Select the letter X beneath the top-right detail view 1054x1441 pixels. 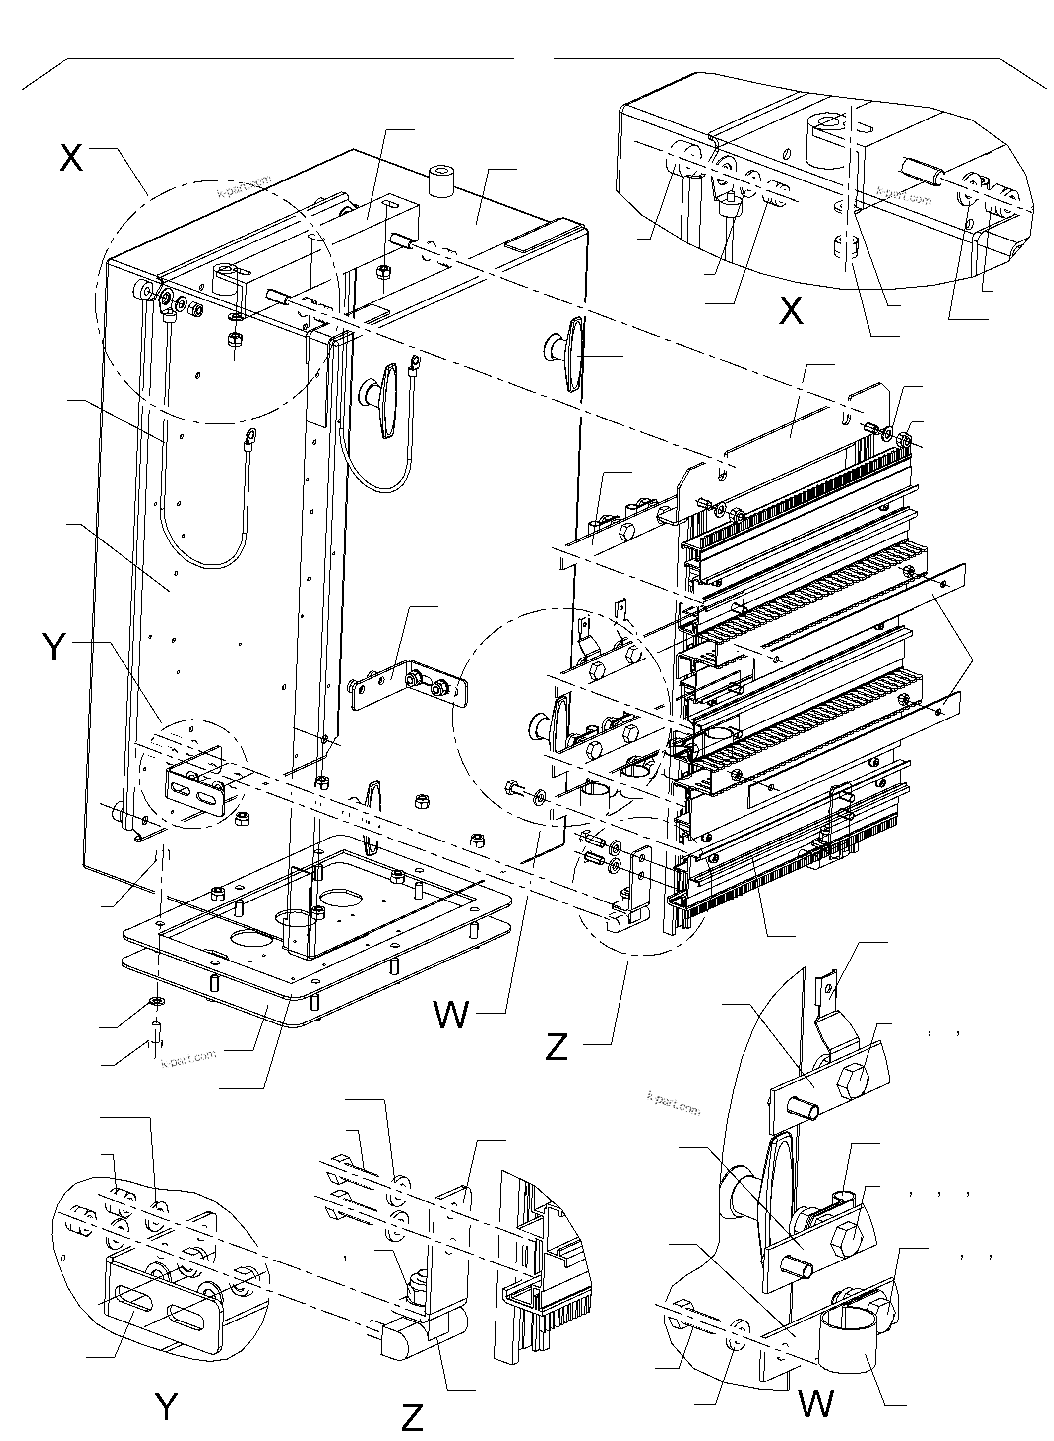791,311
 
